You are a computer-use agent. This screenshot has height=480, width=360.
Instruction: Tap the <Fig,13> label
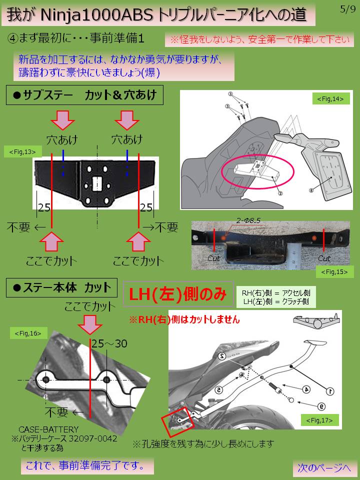pos(22,151)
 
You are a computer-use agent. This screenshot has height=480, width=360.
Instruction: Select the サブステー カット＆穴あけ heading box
pos(85,94)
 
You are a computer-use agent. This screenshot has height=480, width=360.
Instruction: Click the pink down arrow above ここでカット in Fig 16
pos(90,324)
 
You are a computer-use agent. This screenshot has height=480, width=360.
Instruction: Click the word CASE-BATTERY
pos(49,429)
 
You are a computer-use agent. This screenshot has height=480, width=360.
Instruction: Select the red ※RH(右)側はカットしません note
pos(184,318)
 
